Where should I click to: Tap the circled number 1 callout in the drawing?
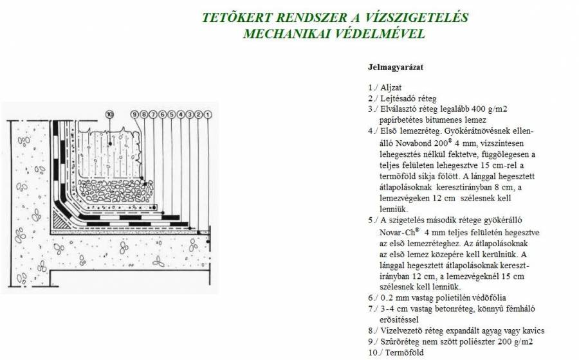coord(208,114)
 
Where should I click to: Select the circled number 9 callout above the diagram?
coord(135,114)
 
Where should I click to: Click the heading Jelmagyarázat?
coord(395,66)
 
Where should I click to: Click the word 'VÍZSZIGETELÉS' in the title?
coord(416,17)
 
